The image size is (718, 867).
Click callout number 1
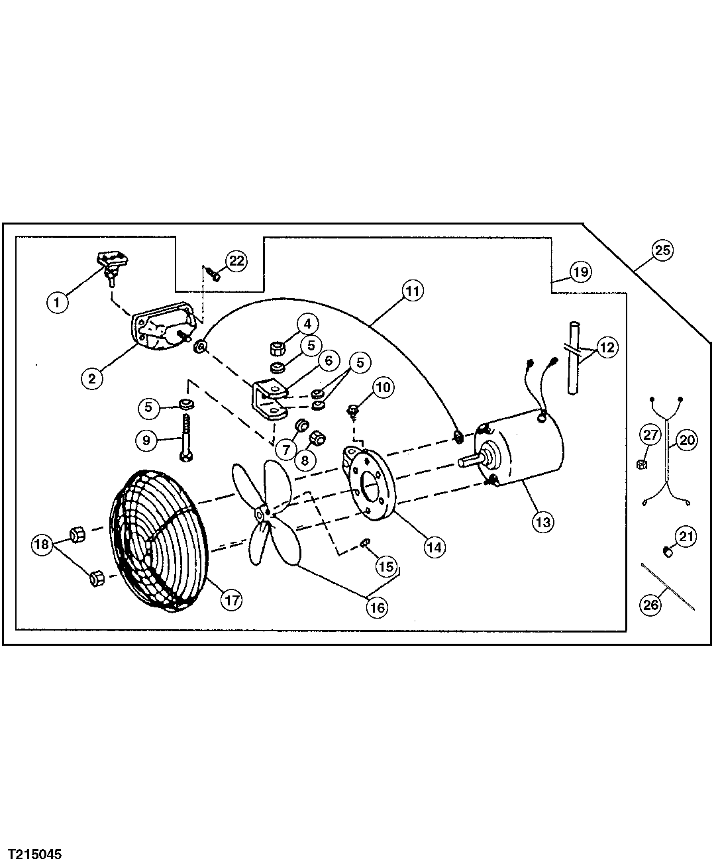click(58, 303)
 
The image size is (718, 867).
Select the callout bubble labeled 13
click(542, 522)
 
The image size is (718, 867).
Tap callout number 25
click(662, 250)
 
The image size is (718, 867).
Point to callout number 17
click(231, 600)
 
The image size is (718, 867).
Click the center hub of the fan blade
click(260, 513)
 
